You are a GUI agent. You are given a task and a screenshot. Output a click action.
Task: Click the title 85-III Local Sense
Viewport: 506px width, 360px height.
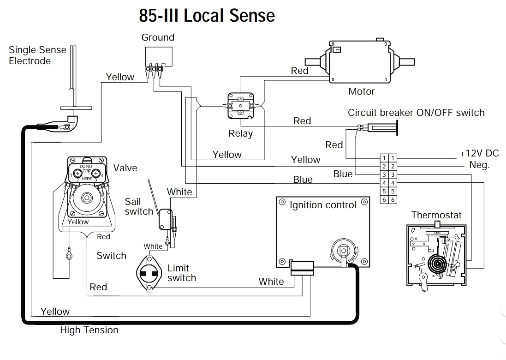coord(207,16)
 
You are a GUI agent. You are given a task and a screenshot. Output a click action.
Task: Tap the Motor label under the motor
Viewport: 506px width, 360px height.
coord(361,91)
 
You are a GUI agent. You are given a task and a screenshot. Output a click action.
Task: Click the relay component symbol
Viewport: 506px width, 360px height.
coord(240,105)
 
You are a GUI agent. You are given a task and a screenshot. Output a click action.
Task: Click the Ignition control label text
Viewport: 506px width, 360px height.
coord(323,205)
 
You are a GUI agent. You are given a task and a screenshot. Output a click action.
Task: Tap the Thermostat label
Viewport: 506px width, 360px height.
coord(436,215)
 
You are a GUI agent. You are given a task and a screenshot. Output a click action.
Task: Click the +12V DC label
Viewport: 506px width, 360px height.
coord(479,154)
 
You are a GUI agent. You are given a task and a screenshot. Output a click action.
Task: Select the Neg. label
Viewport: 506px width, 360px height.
coord(479,165)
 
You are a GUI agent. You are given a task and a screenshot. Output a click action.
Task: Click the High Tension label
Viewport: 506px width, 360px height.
coord(89,330)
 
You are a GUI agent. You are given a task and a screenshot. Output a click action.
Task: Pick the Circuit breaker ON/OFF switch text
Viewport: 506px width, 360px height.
coord(416,113)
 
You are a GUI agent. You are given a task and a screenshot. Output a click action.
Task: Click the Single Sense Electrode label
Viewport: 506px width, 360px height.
coord(37,55)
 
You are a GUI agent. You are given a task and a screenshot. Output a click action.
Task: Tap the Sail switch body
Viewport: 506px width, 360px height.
coord(165,219)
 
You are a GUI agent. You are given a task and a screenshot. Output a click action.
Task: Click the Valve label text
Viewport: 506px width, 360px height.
coord(125,168)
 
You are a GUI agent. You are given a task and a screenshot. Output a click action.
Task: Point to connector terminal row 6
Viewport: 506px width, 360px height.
coord(388,200)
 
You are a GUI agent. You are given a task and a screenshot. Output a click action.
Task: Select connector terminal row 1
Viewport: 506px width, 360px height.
coord(388,158)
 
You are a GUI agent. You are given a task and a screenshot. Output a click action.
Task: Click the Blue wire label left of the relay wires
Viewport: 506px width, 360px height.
coord(303,180)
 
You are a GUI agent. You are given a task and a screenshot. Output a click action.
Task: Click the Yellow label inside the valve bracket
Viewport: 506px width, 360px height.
coord(78,222)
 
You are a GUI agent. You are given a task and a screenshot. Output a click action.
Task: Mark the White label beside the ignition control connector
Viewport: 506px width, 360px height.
coord(271,282)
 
